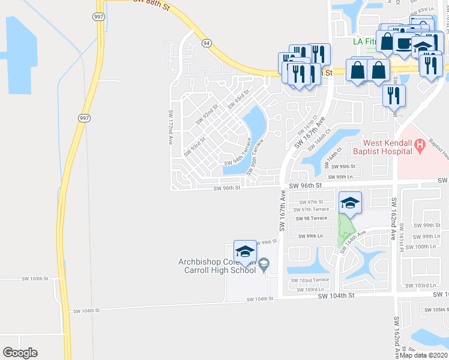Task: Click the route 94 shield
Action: tap(206, 43)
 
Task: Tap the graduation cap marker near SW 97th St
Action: tap(351, 203)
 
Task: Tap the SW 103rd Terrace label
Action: tap(310, 280)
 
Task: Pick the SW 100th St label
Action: tap(34, 279)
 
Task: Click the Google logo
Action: tap(20, 353)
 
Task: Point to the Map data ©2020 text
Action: tap(424, 355)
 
